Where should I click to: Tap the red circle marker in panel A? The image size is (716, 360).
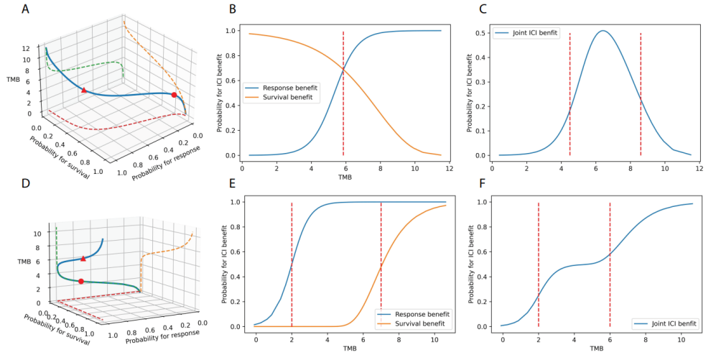(x=175, y=95)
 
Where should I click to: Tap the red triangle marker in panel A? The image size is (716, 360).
(x=84, y=90)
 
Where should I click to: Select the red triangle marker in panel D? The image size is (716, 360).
(x=83, y=258)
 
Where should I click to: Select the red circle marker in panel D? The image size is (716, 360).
(x=80, y=281)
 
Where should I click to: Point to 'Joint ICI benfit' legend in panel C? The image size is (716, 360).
(x=528, y=33)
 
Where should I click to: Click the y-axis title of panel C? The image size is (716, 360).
(x=470, y=92)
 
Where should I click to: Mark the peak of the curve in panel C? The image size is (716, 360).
(x=603, y=31)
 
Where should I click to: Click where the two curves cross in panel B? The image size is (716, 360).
(x=343, y=70)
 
